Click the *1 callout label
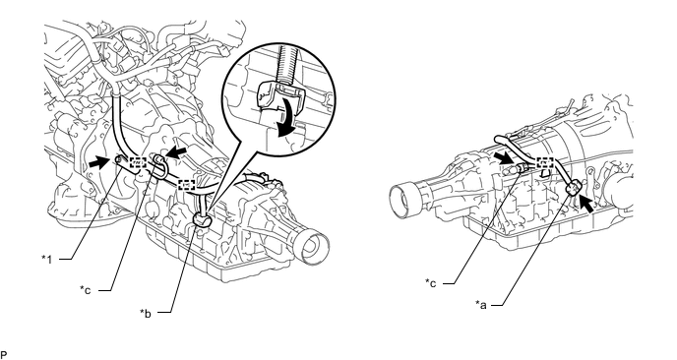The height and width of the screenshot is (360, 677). click(46, 259)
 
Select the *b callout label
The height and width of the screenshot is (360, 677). click(145, 313)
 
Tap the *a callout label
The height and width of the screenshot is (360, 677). click(481, 305)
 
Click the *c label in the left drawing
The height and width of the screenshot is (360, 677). click(85, 289)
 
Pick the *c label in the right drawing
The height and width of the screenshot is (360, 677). click(430, 283)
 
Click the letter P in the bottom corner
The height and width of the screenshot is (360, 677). click(4, 355)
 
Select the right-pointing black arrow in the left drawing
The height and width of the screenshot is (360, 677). click(98, 162)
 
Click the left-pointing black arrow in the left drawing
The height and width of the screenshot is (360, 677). click(177, 151)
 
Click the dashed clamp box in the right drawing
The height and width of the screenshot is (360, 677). click(545, 163)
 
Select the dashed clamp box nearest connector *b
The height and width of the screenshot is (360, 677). click(186, 185)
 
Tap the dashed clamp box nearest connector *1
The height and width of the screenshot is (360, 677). click(138, 162)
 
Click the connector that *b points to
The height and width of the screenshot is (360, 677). click(201, 219)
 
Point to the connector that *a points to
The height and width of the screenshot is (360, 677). click(575, 188)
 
